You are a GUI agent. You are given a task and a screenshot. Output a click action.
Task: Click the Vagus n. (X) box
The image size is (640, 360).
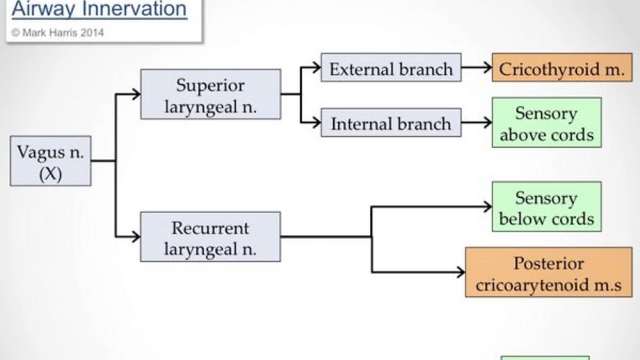point(51,161)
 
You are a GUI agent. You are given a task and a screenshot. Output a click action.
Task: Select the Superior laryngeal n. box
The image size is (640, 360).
point(210,94)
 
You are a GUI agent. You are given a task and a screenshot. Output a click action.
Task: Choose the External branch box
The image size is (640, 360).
point(391,69)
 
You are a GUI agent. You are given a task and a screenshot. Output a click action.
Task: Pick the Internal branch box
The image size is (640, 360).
point(391,123)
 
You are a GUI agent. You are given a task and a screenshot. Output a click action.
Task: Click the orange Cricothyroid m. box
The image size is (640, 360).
point(561,69)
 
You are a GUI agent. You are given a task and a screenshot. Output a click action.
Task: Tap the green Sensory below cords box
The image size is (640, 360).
point(546,207)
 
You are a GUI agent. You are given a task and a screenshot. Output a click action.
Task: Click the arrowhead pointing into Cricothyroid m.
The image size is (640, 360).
point(487,68)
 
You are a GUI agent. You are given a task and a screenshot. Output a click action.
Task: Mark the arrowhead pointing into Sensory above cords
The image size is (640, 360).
point(487,123)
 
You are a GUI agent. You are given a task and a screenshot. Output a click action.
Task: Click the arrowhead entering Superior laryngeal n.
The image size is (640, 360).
point(135,94)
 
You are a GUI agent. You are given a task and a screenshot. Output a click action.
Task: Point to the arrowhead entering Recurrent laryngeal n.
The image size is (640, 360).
point(135,237)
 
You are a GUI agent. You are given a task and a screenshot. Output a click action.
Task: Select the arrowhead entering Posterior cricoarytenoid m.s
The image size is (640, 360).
point(459,272)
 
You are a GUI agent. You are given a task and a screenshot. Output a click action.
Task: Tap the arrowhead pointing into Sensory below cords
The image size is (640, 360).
point(487,207)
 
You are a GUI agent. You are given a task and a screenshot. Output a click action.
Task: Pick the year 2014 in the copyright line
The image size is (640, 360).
point(92,32)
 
